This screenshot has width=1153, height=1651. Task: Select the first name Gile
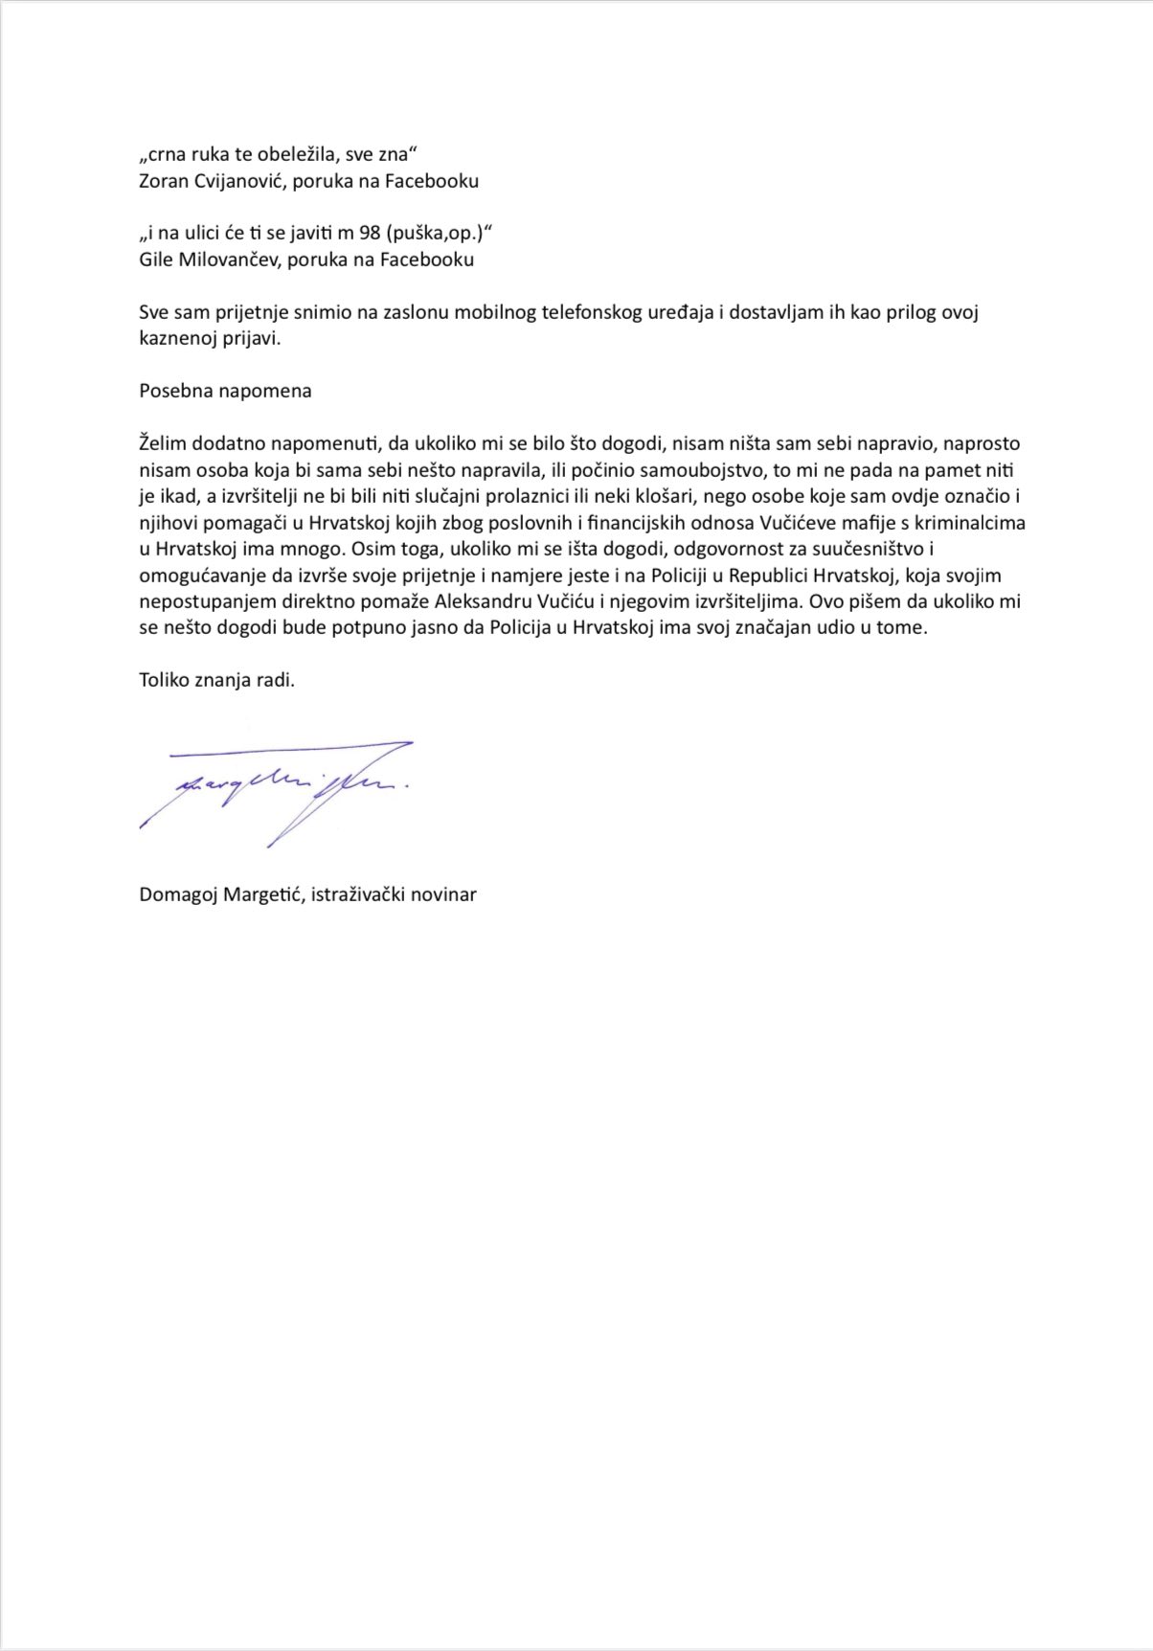[x=156, y=259]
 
